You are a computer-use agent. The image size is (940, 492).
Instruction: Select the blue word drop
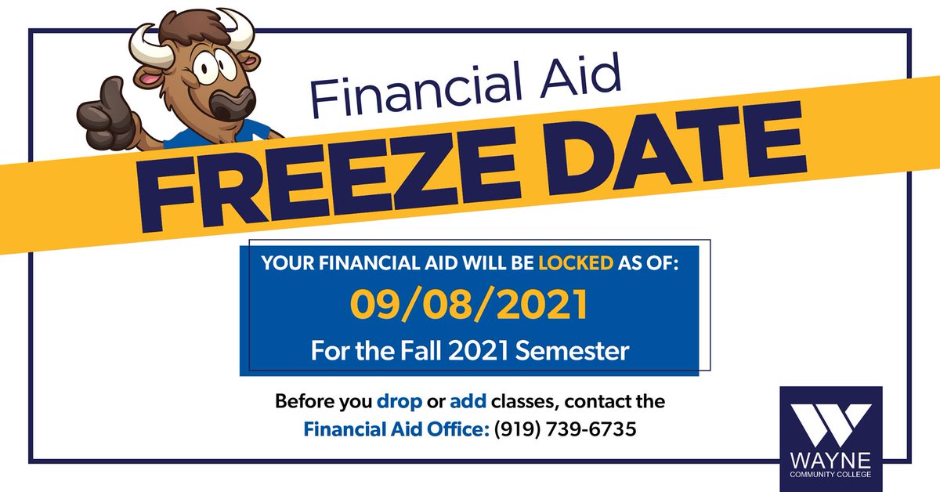[399, 403]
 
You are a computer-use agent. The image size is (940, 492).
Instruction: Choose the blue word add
[467, 403]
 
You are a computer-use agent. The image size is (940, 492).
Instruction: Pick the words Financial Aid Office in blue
[396, 429]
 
